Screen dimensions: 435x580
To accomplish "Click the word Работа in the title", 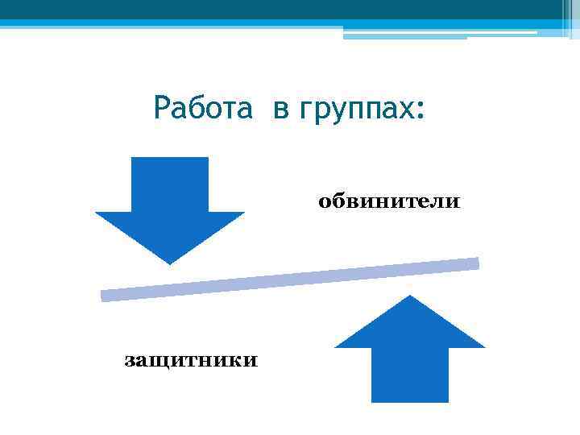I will (203, 108).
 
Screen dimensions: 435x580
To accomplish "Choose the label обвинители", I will (389, 201).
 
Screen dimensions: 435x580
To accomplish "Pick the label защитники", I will (191, 360).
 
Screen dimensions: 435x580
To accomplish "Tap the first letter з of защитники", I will (129, 361).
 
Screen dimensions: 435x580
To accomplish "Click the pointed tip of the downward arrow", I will (170, 263).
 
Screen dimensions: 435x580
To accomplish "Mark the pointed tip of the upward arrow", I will (410, 296).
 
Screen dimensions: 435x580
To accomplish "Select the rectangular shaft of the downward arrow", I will (170, 184).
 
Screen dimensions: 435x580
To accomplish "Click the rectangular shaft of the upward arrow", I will (410, 375).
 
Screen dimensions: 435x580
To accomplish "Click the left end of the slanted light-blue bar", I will (103, 296).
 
